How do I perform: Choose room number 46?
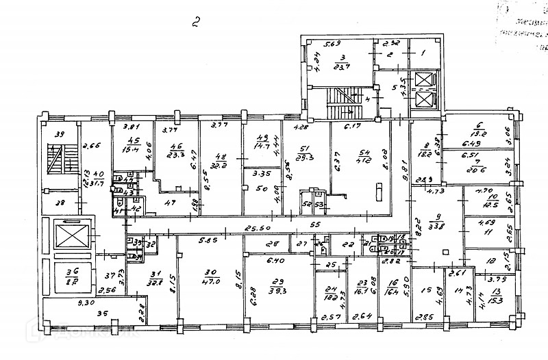click(176, 146)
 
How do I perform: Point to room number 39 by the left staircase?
click(60, 134)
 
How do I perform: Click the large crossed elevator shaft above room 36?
click(70, 237)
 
